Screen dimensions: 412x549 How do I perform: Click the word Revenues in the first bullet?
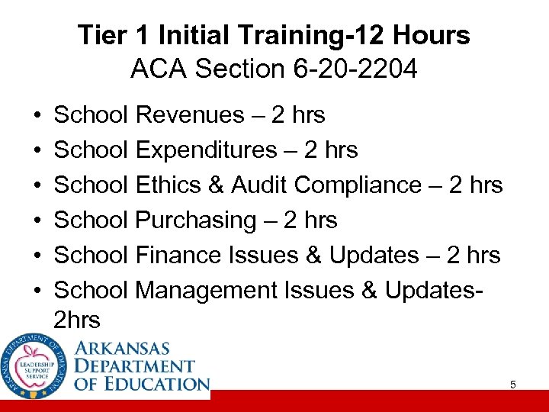click(x=188, y=115)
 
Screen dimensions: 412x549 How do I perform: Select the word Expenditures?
click(x=206, y=150)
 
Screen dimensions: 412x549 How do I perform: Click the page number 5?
click(x=513, y=385)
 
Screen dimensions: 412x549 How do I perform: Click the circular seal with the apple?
click(x=34, y=366)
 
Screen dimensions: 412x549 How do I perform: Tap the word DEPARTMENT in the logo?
click(x=135, y=366)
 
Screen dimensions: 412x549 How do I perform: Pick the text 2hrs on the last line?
click(x=77, y=320)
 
